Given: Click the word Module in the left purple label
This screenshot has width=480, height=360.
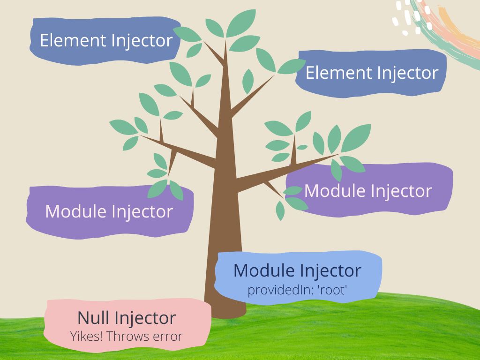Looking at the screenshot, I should point(74,211).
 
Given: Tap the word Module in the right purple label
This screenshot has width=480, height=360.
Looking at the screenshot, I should point(333,191).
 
